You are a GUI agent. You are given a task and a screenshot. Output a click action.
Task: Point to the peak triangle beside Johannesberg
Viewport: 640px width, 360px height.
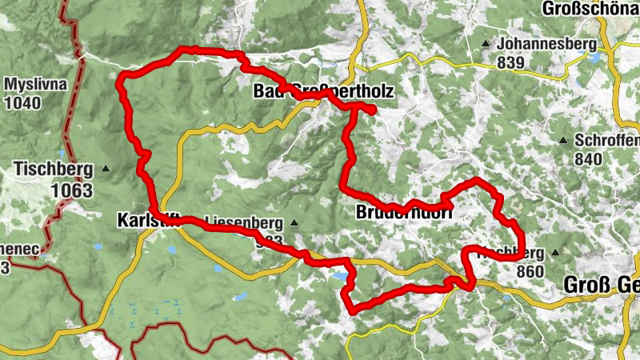pos(486,43)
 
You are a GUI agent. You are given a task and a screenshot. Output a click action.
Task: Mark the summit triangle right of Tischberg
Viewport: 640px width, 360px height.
pos(106,169)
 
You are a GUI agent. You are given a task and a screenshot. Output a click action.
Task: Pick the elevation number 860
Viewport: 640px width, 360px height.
pos(530,271)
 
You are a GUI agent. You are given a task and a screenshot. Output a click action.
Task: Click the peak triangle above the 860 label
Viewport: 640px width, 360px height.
pos(555,252)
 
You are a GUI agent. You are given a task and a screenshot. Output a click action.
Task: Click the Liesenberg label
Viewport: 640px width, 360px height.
pos(244,220)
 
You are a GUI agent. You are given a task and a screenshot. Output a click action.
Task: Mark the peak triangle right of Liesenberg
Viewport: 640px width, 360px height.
pos(294,223)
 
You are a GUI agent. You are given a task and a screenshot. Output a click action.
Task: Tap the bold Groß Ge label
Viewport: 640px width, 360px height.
pos(601,285)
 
